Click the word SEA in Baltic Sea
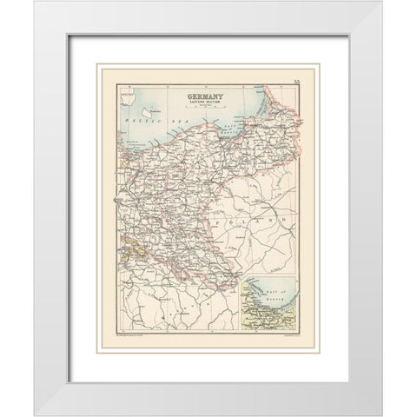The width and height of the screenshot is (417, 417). pyautogui.click(x=161, y=114)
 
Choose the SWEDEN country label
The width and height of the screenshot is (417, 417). pyautogui.click(x=128, y=90)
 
